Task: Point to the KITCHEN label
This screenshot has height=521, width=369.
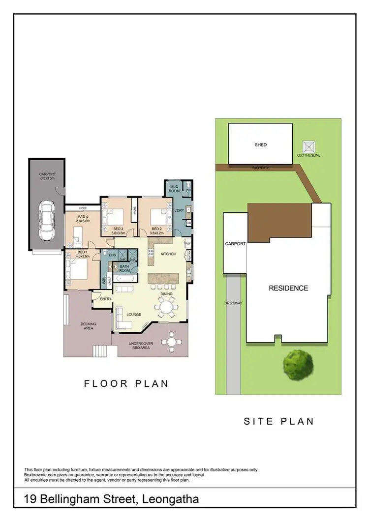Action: pos(168,254)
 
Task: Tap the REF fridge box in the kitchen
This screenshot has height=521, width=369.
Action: pos(187,243)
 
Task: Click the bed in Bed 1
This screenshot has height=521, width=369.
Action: pos(77,269)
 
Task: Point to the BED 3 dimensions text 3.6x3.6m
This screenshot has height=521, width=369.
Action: pos(118,233)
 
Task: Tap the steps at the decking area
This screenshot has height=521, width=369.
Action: pos(100,351)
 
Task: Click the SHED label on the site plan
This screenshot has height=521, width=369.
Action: pos(260,145)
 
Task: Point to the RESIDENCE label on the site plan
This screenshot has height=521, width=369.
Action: pos(288,288)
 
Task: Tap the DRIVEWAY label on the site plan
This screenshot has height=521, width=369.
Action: pos(233,303)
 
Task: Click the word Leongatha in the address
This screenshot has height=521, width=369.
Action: pos(170,500)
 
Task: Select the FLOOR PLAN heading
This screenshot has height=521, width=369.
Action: pos(126,383)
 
